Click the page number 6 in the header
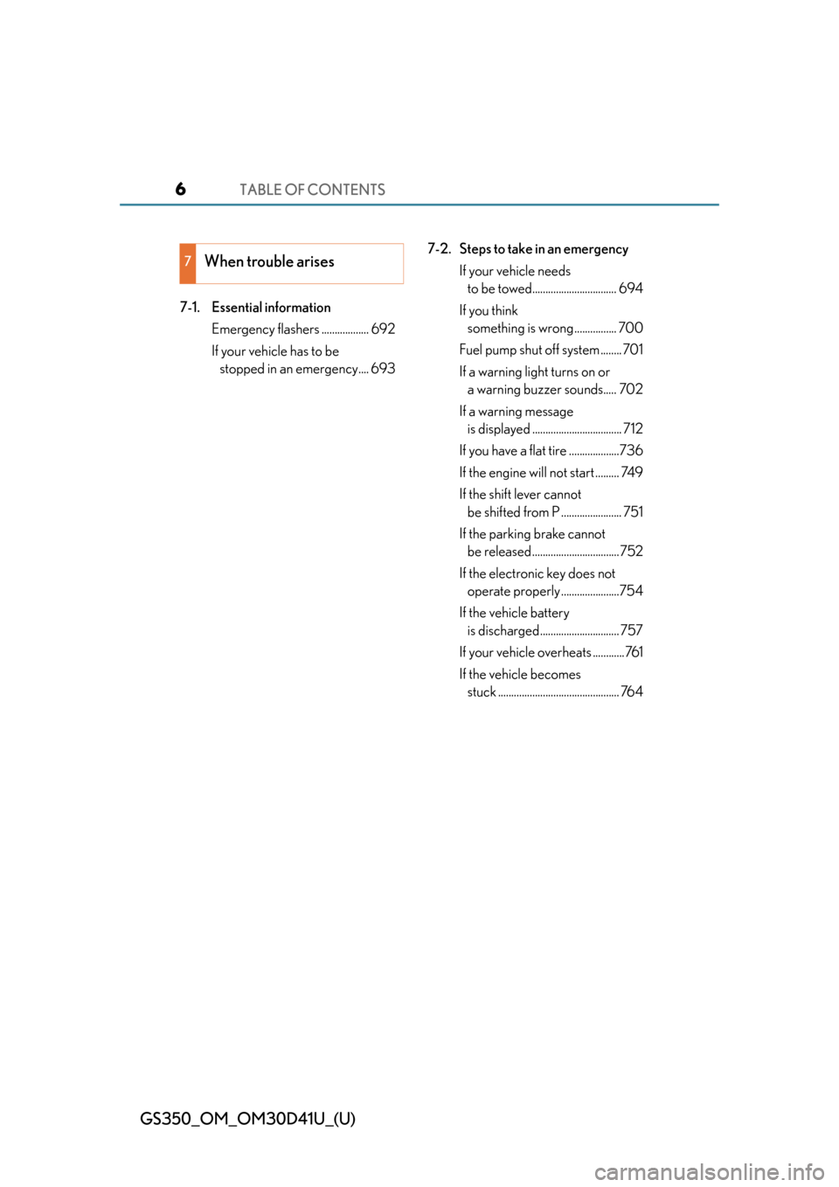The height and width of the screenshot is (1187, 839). [181, 189]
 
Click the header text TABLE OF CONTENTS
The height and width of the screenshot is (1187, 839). [313, 190]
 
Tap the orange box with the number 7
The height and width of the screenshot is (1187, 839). [188, 263]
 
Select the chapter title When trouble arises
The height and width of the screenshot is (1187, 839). [269, 261]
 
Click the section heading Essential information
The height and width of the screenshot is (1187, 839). [271, 308]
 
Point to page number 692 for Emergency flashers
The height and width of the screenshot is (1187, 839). [383, 329]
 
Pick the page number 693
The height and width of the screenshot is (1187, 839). [383, 369]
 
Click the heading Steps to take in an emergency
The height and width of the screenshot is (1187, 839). [544, 249]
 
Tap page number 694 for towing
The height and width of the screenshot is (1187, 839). [631, 288]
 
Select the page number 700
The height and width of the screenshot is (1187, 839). [631, 328]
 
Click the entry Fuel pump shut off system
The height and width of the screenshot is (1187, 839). [529, 350]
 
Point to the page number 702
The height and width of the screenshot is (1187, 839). [631, 390]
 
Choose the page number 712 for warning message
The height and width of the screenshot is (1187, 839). [633, 428]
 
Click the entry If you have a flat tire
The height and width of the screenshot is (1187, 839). [513, 451]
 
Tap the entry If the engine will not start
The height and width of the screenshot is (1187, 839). [526, 473]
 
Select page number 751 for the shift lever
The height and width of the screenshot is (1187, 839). [633, 512]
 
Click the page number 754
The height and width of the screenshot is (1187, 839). [631, 591]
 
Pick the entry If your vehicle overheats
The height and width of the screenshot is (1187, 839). [525, 652]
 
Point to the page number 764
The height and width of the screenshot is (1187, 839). [632, 691]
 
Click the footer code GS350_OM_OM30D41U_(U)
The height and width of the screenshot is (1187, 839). [248, 1119]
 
